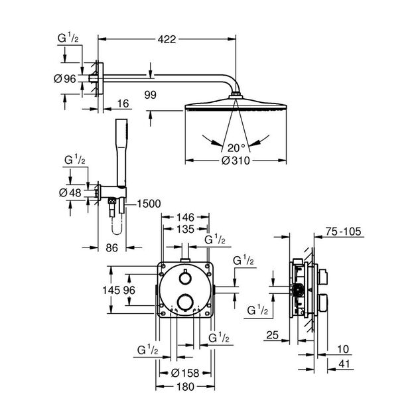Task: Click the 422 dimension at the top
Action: coord(167,40)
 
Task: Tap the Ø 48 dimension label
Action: coord(70,192)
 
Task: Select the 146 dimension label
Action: coord(185,217)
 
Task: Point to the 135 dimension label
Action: coord(185,230)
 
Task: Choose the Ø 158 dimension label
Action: coord(185,372)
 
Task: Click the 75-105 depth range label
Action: coord(344,232)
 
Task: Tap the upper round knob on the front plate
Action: coord(185,278)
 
